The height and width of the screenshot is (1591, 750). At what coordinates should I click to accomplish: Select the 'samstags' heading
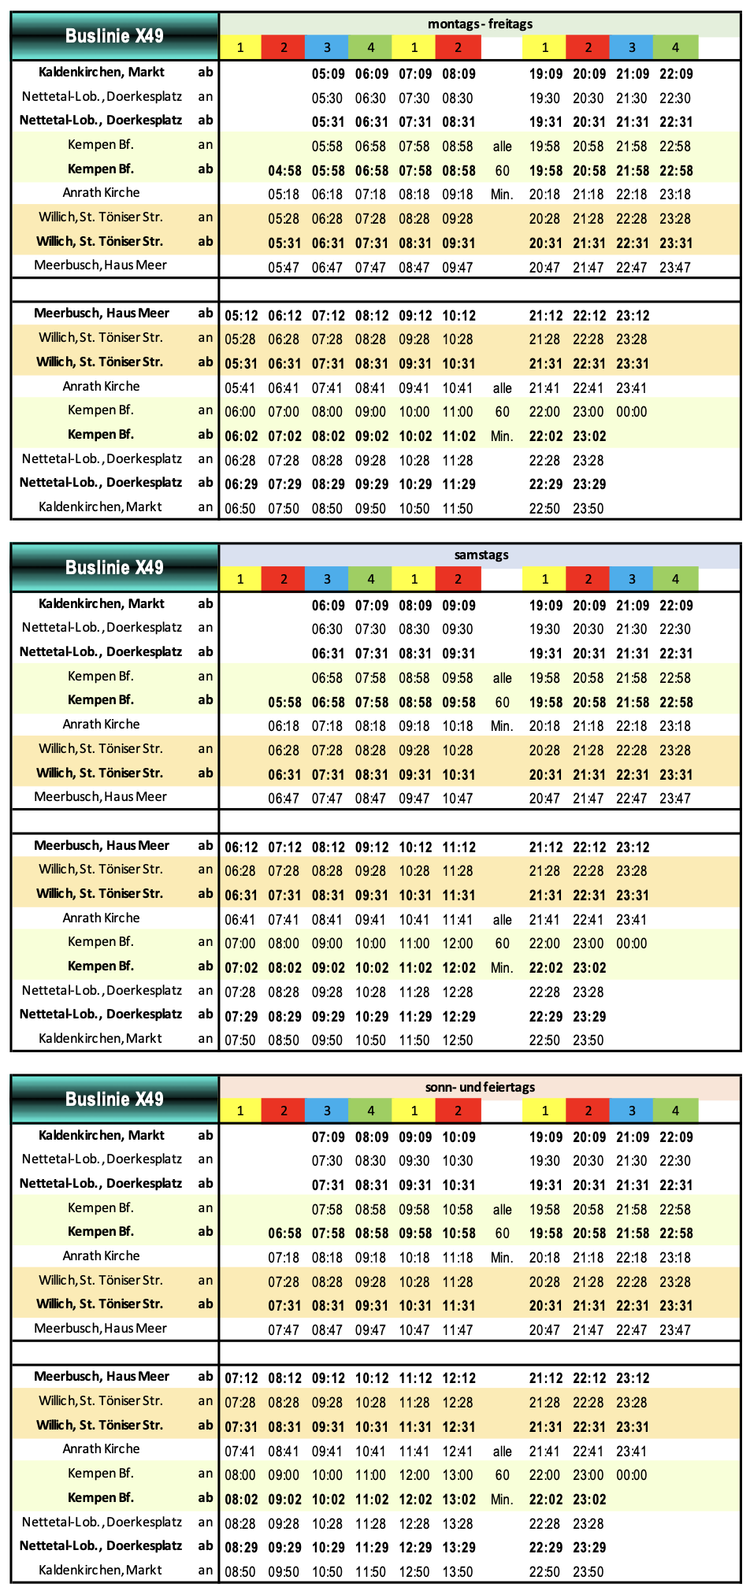(x=481, y=555)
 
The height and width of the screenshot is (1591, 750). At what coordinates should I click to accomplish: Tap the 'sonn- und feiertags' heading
(x=480, y=1087)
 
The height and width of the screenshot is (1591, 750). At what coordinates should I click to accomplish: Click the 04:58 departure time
(x=284, y=170)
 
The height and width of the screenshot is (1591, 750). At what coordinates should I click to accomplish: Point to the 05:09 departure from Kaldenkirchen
(x=327, y=74)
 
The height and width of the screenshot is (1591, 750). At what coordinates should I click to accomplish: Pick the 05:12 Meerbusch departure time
(x=240, y=316)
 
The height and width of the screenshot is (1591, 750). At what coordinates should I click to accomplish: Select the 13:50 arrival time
(x=458, y=1571)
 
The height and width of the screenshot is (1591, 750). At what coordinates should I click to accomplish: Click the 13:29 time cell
(x=458, y=1547)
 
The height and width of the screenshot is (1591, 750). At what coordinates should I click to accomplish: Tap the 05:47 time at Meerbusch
(x=284, y=267)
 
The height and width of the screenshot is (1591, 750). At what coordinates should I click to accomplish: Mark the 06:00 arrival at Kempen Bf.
(x=240, y=412)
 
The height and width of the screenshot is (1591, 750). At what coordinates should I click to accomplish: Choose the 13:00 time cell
(x=458, y=1475)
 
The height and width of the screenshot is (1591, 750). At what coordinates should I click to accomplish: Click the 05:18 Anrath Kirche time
(x=284, y=195)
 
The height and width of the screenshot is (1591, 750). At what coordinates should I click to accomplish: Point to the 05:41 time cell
(x=240, y=388)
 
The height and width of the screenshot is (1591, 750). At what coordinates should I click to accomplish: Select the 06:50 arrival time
(x=240, y=509)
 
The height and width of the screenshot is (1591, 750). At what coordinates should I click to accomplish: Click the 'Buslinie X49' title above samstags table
(x=114, y=567)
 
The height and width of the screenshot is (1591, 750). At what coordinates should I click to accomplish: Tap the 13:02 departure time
(x=458, y=1499)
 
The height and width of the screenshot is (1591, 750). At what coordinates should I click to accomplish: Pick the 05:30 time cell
(x=327, y=98)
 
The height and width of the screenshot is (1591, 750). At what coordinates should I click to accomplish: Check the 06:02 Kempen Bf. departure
(x=240, y=436)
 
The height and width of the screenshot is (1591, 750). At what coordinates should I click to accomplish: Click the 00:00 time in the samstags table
(x=632, y=944)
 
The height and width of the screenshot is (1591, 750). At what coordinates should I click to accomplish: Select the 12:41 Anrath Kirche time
(x=458, y=1451)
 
